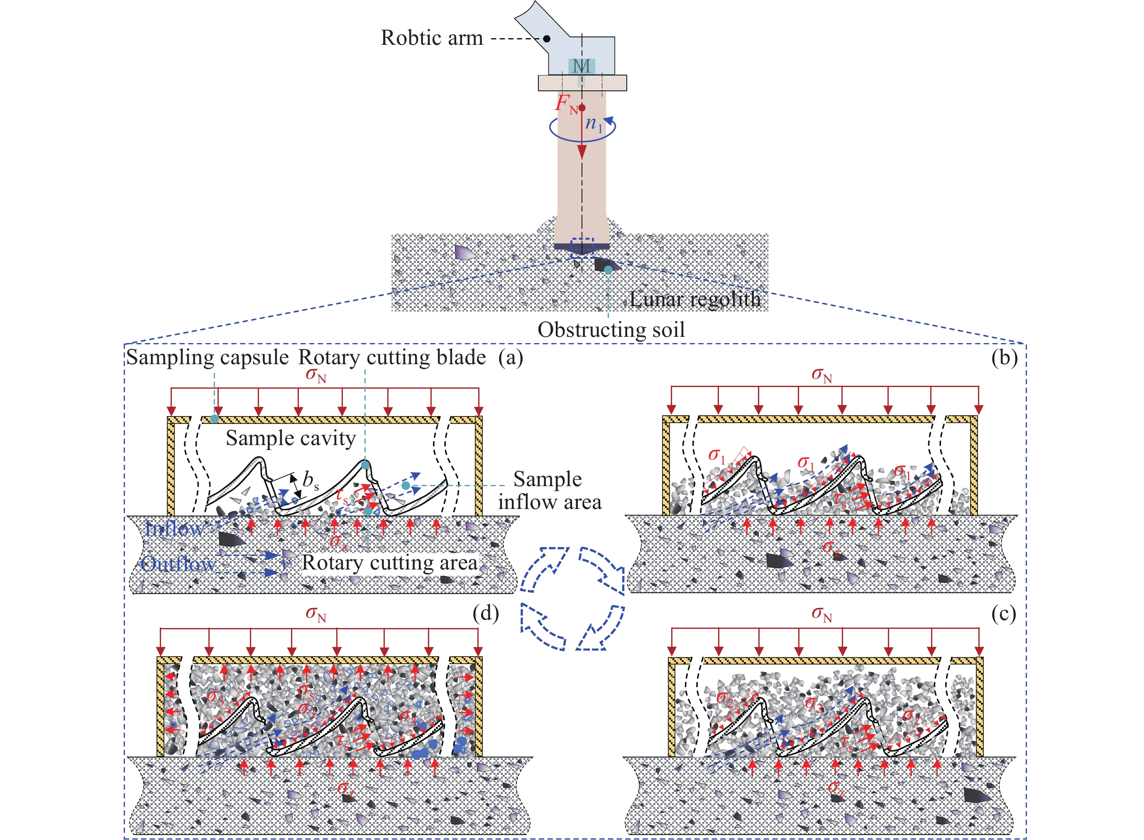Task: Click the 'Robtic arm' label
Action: (431, 38)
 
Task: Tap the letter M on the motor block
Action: (582, 66)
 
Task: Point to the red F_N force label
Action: (566, 104)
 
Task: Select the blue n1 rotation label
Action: (593, 124)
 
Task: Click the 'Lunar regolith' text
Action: (695, 299)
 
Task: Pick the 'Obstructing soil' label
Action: (611, 329)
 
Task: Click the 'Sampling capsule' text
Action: (208, 358)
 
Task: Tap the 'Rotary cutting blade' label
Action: (392, 358)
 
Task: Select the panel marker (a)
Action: (511, 358)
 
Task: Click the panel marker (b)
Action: (1004, 358)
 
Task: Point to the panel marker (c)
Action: (1004, 614)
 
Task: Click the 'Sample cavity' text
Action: (291, 438)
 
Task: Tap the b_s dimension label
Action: (310, 480)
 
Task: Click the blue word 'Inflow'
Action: (174, 529)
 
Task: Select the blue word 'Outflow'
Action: (178, 563)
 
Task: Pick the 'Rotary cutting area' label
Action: (390, 562)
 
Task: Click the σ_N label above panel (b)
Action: (821, 376)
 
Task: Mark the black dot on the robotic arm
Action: (547, 39)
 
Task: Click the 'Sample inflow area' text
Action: (549, 490)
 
